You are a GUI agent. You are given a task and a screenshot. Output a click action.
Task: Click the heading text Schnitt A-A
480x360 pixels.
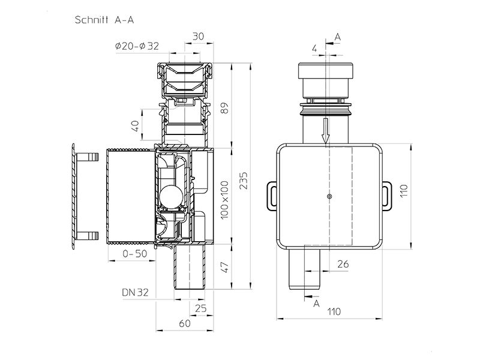(x=104, y=20)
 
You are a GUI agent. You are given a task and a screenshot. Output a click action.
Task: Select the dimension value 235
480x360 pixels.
(x=244, y=181)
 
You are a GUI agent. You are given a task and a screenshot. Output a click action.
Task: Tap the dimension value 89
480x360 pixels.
(x=225, y=108)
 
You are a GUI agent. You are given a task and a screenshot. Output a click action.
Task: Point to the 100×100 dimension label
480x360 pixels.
(x=225, y=200)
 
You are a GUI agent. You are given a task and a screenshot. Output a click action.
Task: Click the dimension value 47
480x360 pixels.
(x=225, y=267)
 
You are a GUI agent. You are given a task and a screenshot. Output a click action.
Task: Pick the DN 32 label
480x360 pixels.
(x=135, y=292)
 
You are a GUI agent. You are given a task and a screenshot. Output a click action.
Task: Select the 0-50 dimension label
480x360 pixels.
(x=134, y=254)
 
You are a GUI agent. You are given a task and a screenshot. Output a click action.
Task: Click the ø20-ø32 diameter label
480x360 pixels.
(x=137, y=46)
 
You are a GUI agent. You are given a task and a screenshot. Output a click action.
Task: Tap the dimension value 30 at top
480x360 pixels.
(x=198, y=36)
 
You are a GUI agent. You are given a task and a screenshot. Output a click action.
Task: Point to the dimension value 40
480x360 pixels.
(x=136, y=125)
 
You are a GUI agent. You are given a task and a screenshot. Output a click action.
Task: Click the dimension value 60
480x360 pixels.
(x=185, y=323)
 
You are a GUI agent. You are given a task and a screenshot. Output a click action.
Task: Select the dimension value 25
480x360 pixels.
(x=200, y=308)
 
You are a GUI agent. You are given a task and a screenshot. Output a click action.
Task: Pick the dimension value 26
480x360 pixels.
(x=343, y=264)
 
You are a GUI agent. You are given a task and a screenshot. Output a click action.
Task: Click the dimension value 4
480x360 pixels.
(x=314, y=49)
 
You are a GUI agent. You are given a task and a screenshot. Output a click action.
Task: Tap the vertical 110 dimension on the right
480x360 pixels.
(x=404, y=191)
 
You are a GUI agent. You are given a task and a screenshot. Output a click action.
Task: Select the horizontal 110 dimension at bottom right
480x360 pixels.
(x=334, y=311)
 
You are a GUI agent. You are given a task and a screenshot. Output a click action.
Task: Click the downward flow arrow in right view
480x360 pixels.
(x=326, y=131)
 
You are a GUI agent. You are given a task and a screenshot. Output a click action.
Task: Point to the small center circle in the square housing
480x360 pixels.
(x=329, y=197)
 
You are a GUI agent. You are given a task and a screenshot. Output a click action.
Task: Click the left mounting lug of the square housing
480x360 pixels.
(x=272, y=196)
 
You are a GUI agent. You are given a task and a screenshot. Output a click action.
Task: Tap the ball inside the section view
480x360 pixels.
(x=170, y=195)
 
